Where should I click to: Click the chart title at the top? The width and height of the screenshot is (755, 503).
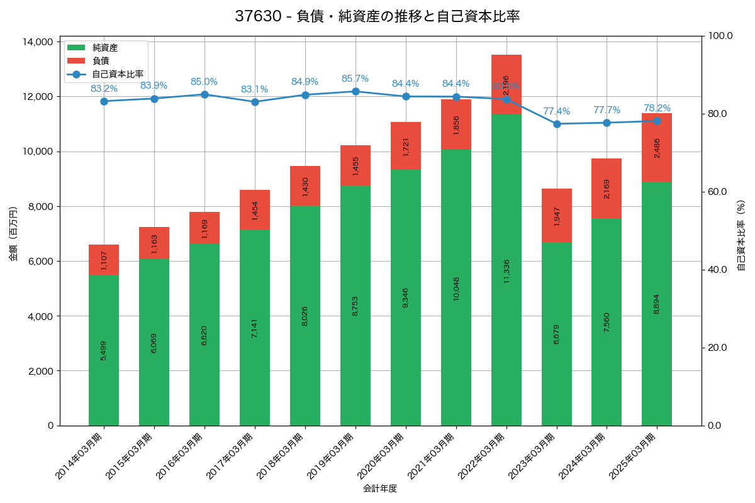pos(377,16)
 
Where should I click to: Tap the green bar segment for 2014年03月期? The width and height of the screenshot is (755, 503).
pos(104,350)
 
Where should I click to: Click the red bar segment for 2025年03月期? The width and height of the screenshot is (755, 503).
pos(657,148)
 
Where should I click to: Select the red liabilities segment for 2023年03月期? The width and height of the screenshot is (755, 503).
pos(557,215)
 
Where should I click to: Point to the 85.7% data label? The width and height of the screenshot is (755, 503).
pos(355,79)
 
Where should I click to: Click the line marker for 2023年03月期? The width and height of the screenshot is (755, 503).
pos(557,124)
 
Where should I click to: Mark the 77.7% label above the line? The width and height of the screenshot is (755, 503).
pos(607,110)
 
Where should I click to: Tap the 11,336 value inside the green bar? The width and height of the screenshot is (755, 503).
pos(506,271)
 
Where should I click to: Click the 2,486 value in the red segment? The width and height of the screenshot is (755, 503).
pos(657,148)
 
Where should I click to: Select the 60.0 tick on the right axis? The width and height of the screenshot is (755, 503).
pos(717,192)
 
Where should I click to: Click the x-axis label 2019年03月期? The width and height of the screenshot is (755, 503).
pos(331,456)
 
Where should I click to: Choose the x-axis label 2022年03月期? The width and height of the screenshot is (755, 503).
pos(482,456)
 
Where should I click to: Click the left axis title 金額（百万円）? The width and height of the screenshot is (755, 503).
pos(13,234)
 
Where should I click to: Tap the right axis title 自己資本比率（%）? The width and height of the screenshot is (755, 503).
pos(741,234)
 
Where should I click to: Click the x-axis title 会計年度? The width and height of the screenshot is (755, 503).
pos(380,489)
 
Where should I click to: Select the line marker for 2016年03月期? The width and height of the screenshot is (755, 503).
pos(204,94)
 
